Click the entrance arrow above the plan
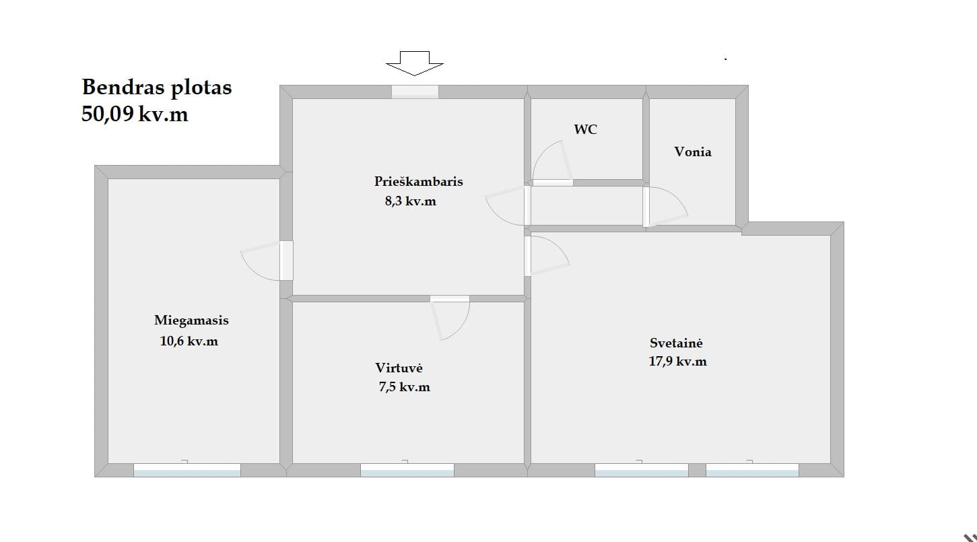(x=414, y=63)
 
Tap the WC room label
(x=585, y=129)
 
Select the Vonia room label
(x=693, y=151)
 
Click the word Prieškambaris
(x=418, y=181)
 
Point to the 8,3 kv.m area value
(x=411, y=201)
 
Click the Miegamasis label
(x=191, y=320)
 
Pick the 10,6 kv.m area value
(x=189, y=341)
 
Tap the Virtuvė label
(x=399, y=368)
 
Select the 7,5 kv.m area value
(x=404, y=386)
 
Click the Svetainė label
(x=676, y=343)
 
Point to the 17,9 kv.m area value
(x=677, y=362)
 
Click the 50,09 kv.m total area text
(x=135, y=114)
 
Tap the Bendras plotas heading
(x=157, y=88)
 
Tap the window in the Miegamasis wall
(x=187, y=470)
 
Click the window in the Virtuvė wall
(x=407, y=470)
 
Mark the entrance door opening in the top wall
(x=415, y=92)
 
